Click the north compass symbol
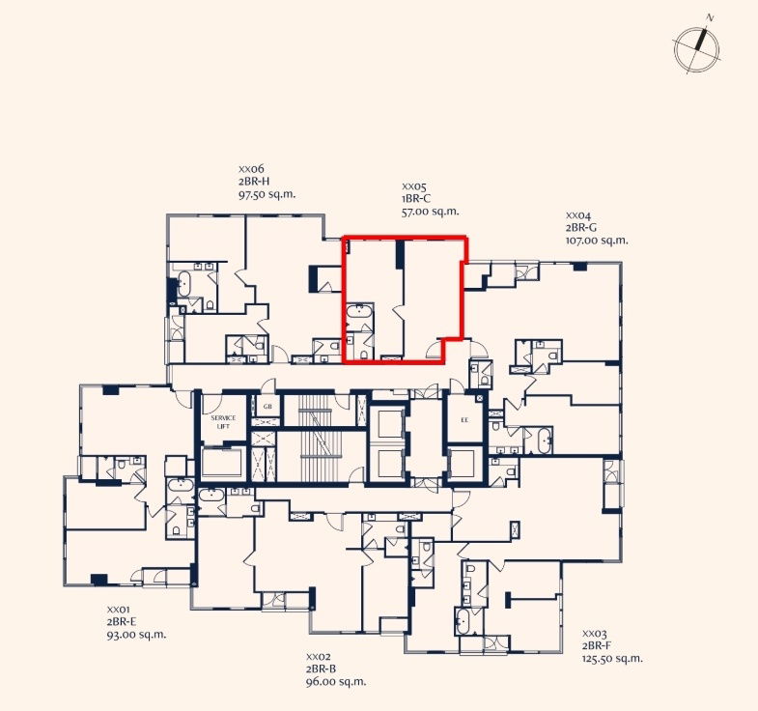coord(696,50)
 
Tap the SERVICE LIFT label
coord(223,422)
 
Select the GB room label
coord(267,407)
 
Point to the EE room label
coord(464,420)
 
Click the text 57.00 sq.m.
coord(431,212)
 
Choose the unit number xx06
coord(251,169)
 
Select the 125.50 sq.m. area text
coord(612,658)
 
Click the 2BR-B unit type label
coord(321,668)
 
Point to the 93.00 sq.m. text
coord(136,635)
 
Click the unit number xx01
coord(119,610)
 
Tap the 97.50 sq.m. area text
coord(267,194)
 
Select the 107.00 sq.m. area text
coord(597,241)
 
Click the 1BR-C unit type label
coord(416,198)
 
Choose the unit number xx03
coord(594,633)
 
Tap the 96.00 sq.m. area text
coord(336,681)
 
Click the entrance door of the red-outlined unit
coord(434,349)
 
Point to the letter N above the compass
coord(710,18)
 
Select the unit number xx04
coord(578,215)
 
